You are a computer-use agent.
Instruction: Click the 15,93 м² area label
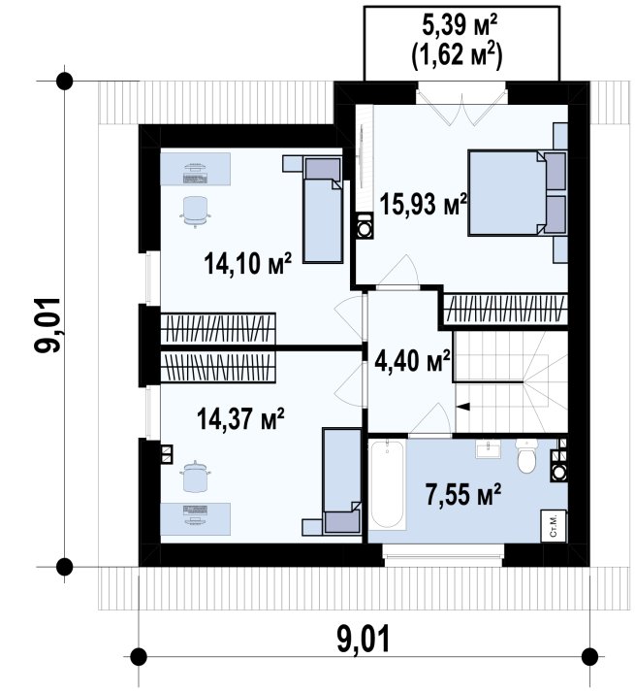pos(424,205)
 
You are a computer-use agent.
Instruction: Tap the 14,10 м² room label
pos(248,263)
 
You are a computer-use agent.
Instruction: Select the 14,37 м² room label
pos(240,418)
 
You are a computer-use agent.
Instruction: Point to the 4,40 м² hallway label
pos(412,361)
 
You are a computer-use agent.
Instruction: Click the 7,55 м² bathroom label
pos(463,494)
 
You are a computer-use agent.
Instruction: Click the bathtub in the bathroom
pos(388,484)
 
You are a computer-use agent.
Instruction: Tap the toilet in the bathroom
pos(525,456)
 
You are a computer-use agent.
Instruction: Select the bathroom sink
pos(488,448)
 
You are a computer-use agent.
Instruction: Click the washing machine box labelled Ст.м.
pos(554,526)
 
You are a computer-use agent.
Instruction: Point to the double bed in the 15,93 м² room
pos(517,193)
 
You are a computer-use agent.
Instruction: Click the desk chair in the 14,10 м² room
pos(195,211)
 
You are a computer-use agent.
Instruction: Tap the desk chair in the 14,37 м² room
pos(195,478)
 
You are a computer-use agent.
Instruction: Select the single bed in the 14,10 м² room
pos(323,210)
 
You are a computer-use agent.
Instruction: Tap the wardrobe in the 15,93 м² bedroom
pos(505,309)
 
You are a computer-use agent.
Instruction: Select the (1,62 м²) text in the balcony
pos(458,56)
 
